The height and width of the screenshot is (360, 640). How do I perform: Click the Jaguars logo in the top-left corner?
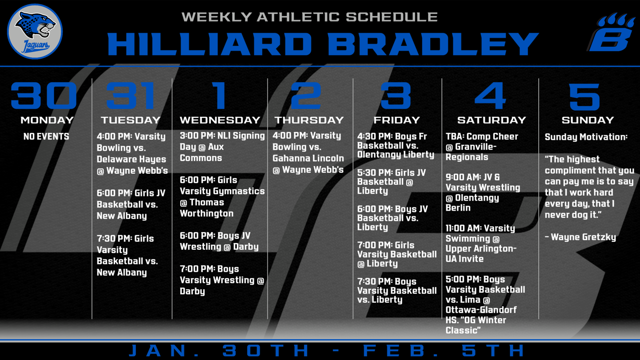click(x=35, y=32)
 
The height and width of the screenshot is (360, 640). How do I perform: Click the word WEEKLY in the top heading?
click(x=216, y=17)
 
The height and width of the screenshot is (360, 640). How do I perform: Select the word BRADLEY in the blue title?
click(x=433, y=44)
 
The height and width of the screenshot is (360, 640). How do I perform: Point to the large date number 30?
click(x=44, y=96)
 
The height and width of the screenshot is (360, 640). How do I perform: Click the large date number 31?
click(x=131, y=96)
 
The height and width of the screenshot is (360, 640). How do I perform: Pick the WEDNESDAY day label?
click(x=220, y=120)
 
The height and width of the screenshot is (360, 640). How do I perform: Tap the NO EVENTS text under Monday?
click(x=46, y=136)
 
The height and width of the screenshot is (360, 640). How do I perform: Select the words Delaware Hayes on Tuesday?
click(x=131, y=159)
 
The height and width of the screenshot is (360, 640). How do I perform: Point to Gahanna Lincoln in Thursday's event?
click(x=308, y=158)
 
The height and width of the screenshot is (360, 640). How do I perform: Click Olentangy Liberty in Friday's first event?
click(x=396, y=155)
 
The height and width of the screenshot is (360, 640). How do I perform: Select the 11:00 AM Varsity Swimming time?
click(x=463, y=228)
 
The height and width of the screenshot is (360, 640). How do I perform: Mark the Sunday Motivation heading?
click(x=586, y=137)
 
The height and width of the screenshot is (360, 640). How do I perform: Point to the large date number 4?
click(x=490, y=96)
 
